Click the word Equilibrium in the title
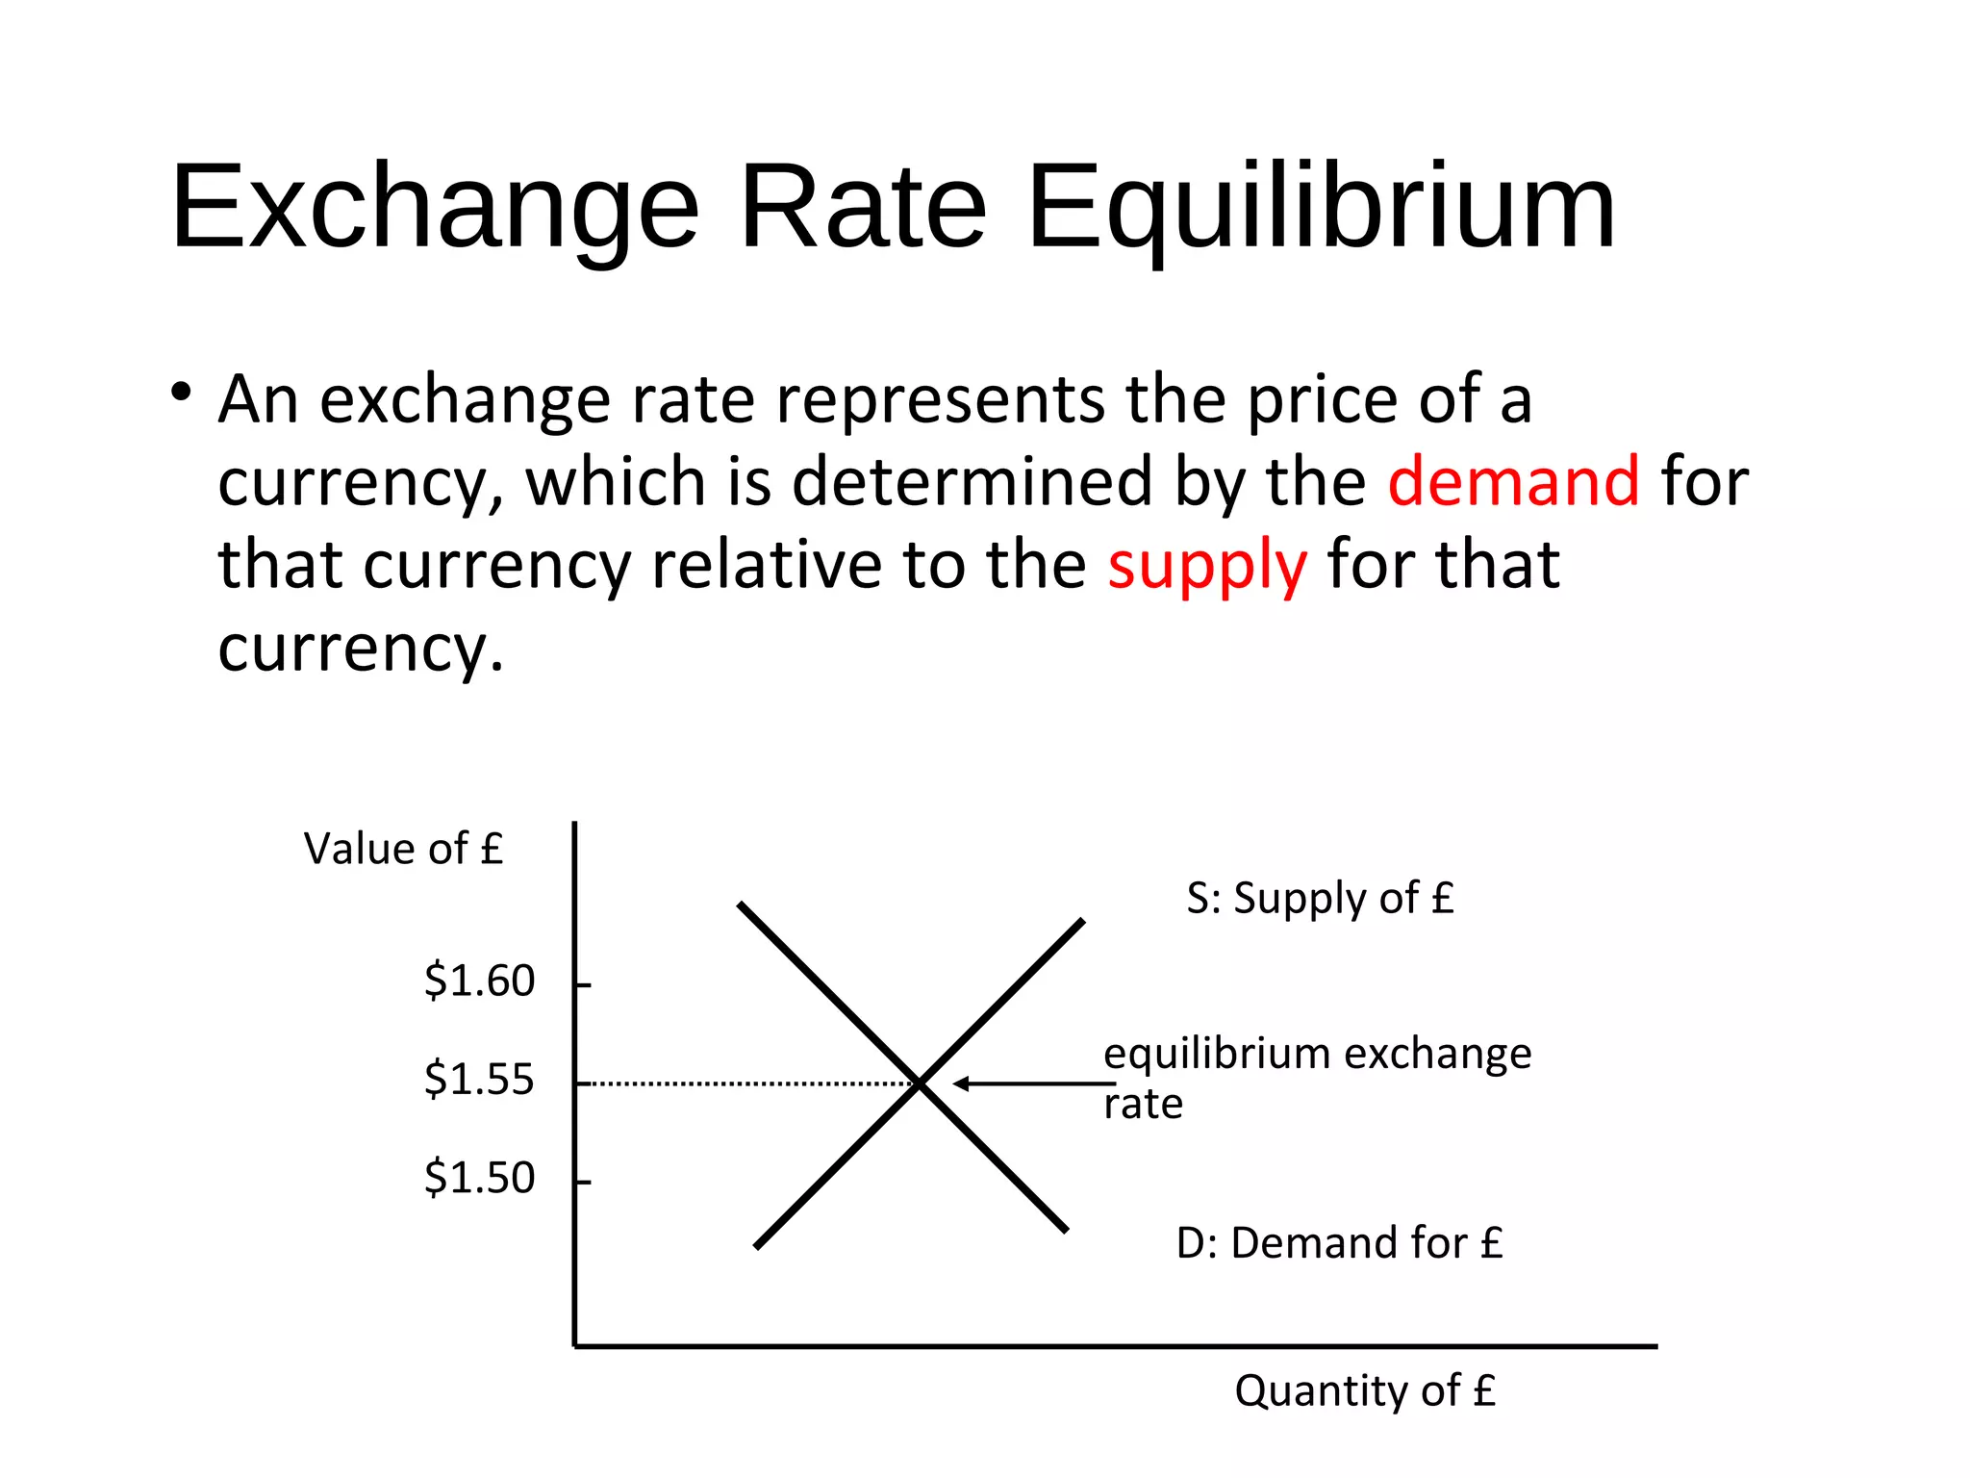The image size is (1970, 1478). (1322, 209)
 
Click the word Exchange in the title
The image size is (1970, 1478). (435, 209)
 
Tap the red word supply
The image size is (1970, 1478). (1206, 565)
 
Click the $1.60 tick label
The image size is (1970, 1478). (479, 981)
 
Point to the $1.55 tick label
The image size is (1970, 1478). (479, 1079)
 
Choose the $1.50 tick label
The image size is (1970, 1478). (479, 1177)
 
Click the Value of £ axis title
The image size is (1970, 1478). (403, 849)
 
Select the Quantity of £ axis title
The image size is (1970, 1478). (1365, 1390)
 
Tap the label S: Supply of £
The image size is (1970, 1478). (1320, 898)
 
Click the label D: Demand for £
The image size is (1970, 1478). (1339, 1242)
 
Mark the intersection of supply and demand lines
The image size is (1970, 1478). (921, 1084)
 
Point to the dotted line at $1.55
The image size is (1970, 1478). (750, 1084)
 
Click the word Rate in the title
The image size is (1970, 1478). (863, 209)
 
